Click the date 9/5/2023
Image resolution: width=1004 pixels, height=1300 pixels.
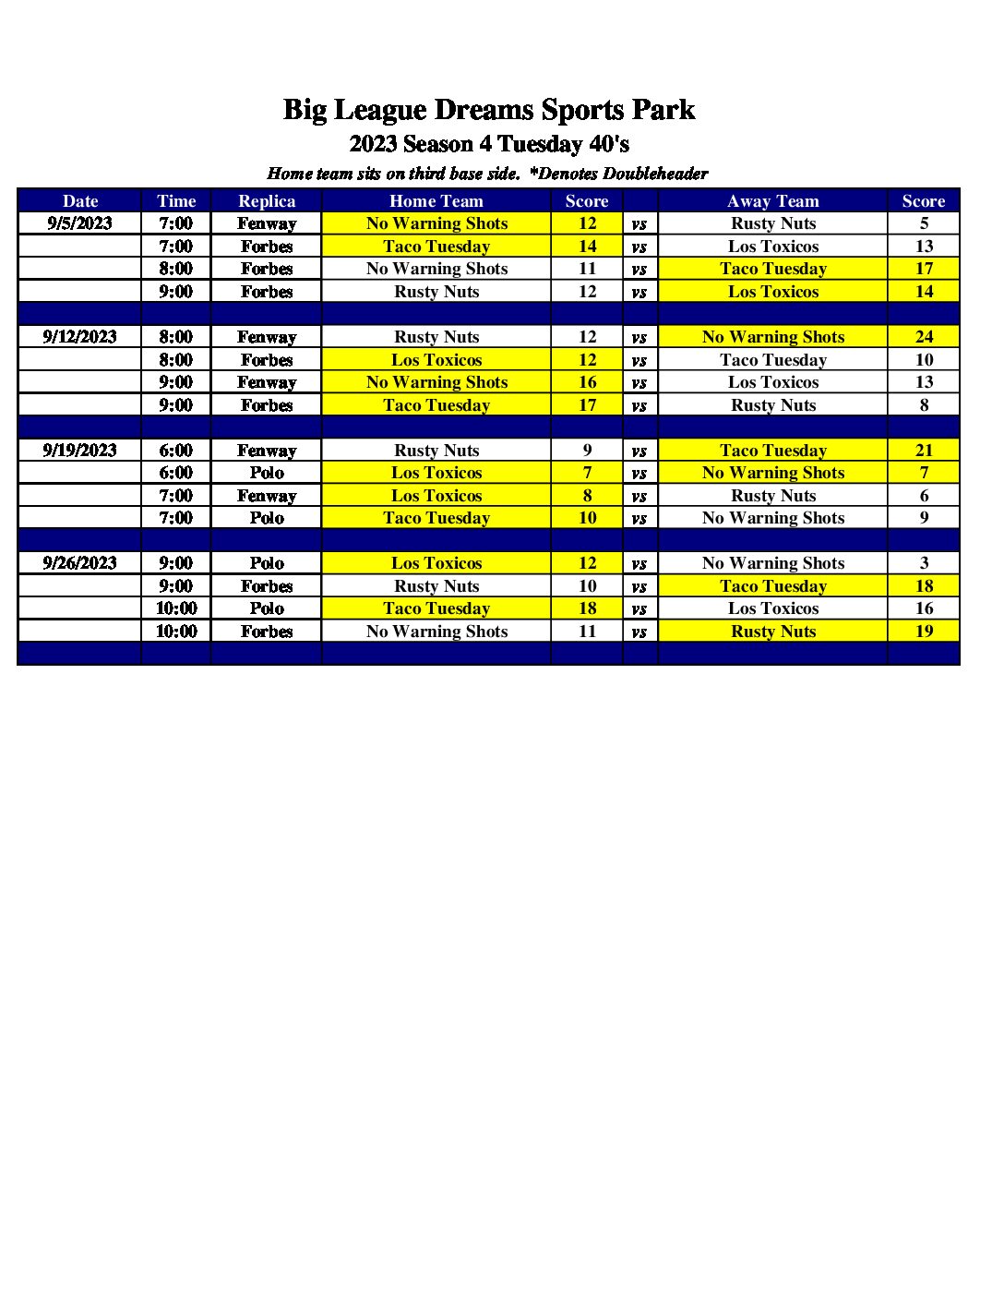[x=79, y=223]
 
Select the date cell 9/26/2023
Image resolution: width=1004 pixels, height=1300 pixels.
[x=79, y=563]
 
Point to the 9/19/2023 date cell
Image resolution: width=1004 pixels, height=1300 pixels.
[x=79, y=451]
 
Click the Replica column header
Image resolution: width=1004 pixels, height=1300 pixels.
[x=267, y=201]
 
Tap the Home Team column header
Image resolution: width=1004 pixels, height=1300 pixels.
[x=436, y=201]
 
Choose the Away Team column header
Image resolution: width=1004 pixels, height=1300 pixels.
[x=772, y=201]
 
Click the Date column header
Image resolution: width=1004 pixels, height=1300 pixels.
[x=80, y=201]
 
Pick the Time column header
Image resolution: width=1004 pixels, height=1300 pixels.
[x=176, y=201]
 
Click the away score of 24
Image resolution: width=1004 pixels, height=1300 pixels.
[x=924, y=337]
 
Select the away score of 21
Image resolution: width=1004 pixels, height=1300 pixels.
[x=924, y=451]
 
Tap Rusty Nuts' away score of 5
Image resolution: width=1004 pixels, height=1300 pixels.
[x=924, y=223]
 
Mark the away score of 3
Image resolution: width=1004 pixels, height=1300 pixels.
[x=924, y=563]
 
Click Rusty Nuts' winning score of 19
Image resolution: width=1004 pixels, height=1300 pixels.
[x=924, y=632]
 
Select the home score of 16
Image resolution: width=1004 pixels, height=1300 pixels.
[x=587, y=382]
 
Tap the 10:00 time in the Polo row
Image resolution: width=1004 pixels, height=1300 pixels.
[x=176, y=608]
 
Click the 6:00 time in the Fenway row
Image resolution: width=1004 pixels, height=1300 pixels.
[x=176, y=451]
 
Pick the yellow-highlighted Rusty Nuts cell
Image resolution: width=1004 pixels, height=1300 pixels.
[x=773, y=632]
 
